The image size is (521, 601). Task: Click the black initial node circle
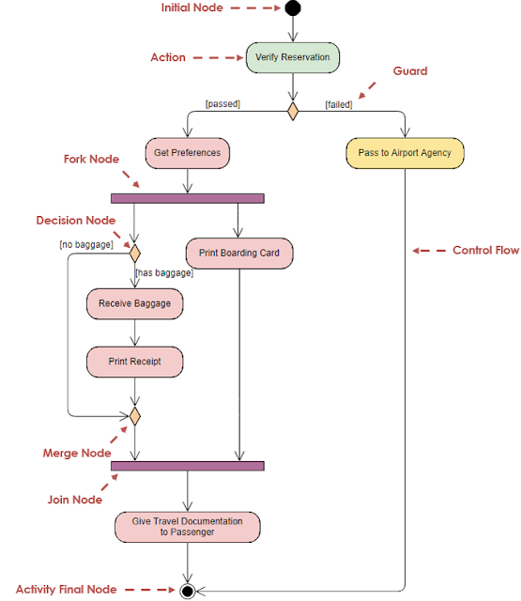point(293,8)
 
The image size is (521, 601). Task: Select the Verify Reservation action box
point(293,57)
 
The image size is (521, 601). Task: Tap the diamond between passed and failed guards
point(293,112)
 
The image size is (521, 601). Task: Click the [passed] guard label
point(222,104)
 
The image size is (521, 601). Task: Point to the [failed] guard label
point(338,104)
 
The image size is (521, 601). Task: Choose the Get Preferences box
point(188,152)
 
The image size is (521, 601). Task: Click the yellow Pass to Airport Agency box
point(405,153)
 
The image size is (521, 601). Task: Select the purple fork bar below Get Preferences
point(188,198)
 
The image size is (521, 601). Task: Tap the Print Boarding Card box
point(239,253)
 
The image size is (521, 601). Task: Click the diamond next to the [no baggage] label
point(134,253)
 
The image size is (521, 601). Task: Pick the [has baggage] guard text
point(164,273)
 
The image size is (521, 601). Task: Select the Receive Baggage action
point(134,304)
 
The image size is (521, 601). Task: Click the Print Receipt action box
point(134,362)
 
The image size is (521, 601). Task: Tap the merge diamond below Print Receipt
point(134,414)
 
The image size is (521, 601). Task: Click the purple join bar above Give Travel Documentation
point(188,466)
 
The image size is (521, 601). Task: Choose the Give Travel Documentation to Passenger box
point(188,527)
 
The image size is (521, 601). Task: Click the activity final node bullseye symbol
point(188,591)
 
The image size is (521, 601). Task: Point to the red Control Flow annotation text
point(485,251)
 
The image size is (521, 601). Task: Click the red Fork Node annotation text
point(91,160)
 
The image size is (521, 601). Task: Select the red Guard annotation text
point(410,71)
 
